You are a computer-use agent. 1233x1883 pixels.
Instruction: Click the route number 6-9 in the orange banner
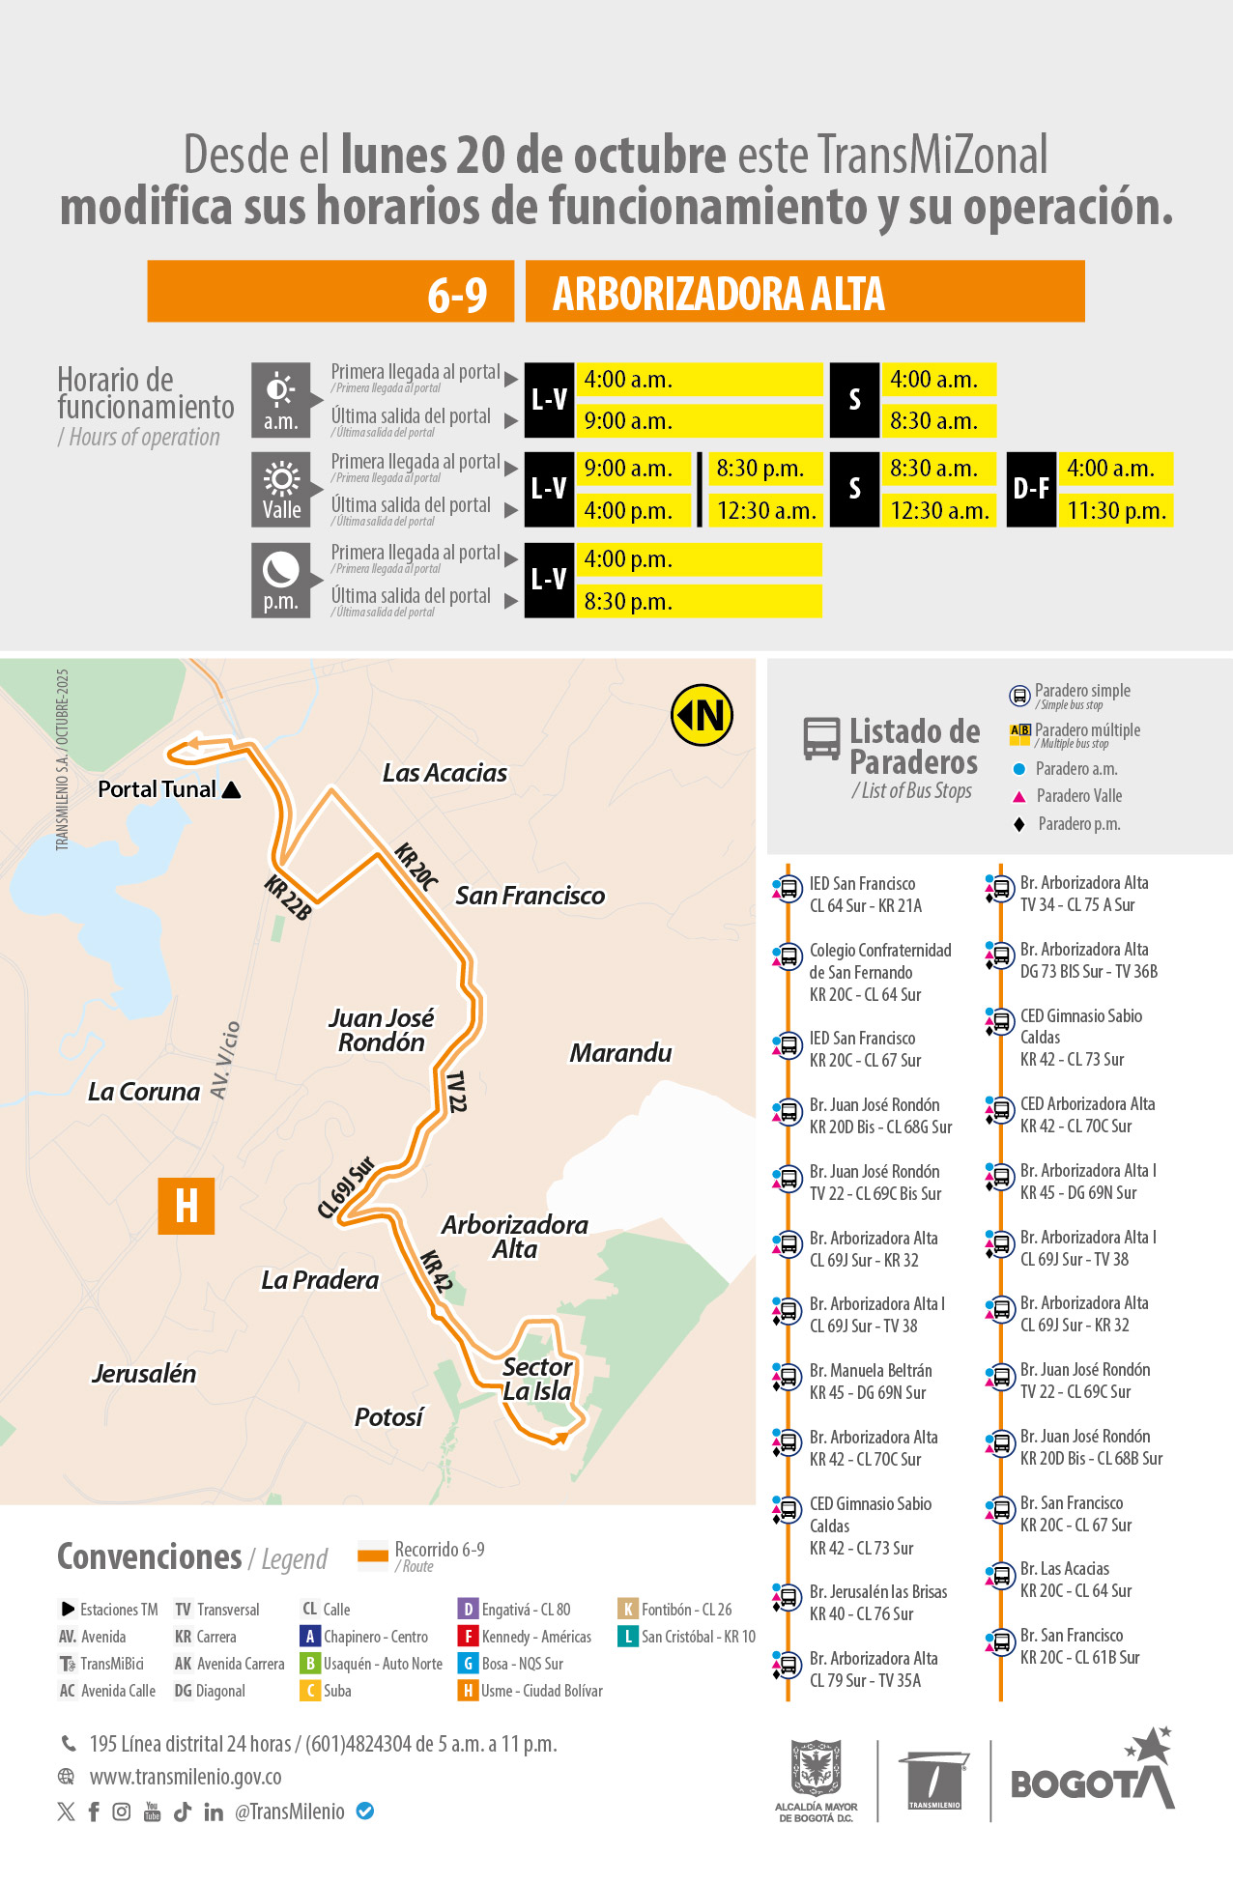pos(457,294)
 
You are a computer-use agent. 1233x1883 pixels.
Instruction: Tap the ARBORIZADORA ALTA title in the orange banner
pos(718,294)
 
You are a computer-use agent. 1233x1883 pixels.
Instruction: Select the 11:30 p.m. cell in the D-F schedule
pos(1116,511)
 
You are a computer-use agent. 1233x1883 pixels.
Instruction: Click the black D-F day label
pos(1031,490)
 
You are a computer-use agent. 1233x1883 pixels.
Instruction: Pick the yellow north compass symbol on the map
pos(703,716)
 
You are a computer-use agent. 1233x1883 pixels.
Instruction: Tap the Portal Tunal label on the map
pos(158,789)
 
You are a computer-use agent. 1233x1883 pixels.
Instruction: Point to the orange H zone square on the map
pos(186,1206)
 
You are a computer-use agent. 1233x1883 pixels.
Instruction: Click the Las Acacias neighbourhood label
pos(444,773)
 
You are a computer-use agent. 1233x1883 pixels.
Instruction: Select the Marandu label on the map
pos(620,1052)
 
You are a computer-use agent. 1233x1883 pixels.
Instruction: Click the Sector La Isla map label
pos(537,1379)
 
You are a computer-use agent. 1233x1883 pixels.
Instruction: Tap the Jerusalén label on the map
pos(144,1373)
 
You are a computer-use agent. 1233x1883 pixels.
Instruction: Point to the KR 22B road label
pos(288,898)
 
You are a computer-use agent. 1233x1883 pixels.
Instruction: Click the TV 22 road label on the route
pos(456,1092)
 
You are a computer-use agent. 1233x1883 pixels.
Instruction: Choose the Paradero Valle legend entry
pos(1078,796)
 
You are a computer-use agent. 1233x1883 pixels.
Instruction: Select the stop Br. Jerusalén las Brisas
pos(877,1602)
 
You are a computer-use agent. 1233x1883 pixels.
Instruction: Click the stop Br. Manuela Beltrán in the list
pos(870,1381)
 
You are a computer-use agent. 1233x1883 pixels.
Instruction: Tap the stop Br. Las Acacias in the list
pos(1075,1580)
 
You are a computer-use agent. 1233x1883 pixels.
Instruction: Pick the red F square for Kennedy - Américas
pos(468,1637)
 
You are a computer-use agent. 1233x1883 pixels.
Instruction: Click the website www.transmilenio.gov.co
pos(186,1777)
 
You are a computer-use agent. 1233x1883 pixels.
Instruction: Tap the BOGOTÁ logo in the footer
pos(1092,1778)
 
